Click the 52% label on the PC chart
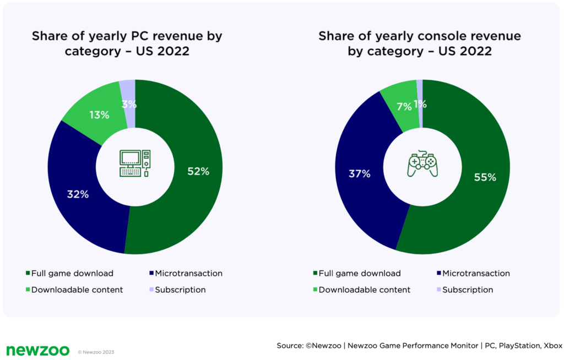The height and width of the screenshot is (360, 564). [x=198, y=171]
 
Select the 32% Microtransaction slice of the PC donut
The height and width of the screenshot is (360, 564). [x=77, y=194]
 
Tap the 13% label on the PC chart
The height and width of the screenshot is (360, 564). [x=100, y=115]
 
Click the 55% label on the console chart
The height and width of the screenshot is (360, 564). [x=485, y=177]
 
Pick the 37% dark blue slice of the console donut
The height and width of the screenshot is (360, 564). [x=360, y=174]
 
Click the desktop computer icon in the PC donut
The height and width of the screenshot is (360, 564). [x=135, y=163]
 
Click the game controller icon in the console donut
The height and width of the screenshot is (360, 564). [x=422, y=164]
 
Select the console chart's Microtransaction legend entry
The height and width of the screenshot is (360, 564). [x=473, y=273]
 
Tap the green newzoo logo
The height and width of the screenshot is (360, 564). [x=37, y=350]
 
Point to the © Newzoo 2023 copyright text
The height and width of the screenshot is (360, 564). [x=96, y=352]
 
